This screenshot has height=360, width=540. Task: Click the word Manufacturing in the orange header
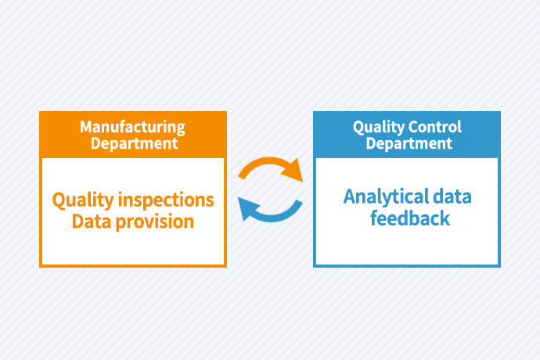tap(132, 127)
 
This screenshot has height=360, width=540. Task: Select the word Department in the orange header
tap(132, 143)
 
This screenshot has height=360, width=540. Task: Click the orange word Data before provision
tap(91, 221)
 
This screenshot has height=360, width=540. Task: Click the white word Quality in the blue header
tap(376, 127)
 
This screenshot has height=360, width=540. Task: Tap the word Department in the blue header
tap(407, 143)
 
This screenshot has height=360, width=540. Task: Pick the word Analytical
tap(386, 196)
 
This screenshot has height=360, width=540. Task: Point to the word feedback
tap(409, 218)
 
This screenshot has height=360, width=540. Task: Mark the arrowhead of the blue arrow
tap(246, 206)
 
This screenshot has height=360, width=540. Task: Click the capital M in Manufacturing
tap(85, 127)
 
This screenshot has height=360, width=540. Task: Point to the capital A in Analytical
tap(350, 196)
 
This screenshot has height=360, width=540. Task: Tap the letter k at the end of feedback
tap(445, 218)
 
